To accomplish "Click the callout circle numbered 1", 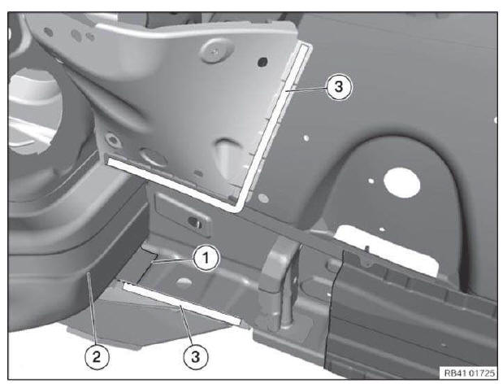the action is click(x=206, y=258).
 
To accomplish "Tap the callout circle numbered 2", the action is click(x=97, y=357).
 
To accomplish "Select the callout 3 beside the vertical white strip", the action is click(x=339, y=87).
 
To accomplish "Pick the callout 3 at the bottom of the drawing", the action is click(x=196, y=357).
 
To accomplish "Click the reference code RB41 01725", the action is click(x=469, y=373).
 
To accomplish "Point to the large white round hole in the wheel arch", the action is click(x=401, y=182).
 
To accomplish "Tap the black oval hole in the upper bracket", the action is click(x=262, y=61).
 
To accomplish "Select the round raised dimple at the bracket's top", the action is click(x=216, y=50).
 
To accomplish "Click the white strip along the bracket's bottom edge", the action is click(x=173, y=183).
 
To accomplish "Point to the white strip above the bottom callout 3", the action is click(x=182, y=304).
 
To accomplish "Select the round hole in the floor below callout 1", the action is click(x=184, y=282).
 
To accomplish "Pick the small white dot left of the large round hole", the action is click(x=371, y=181).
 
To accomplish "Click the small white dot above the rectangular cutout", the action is click(x=382, y=229).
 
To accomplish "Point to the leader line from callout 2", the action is click(x=93, y=308).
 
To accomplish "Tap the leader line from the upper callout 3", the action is click(x=306, y=89).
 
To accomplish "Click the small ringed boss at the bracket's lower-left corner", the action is click(x=113, y=140).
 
